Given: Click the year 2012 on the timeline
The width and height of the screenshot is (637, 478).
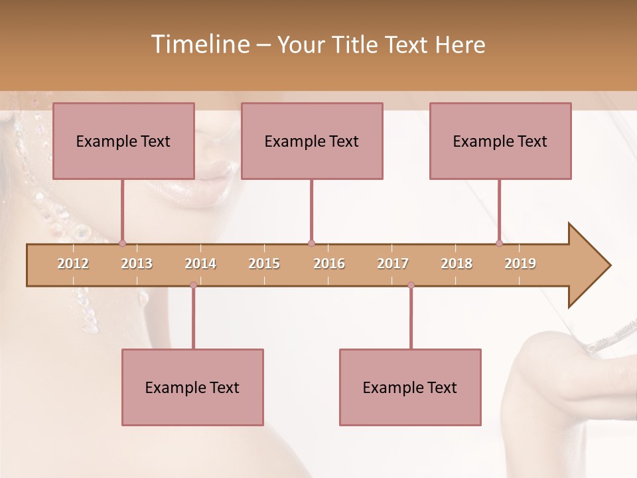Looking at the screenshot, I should click(73, 264).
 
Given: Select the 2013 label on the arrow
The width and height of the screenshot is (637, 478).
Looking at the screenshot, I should click(137, 264).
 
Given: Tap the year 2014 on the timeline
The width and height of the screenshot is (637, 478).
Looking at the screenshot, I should click(200, 264).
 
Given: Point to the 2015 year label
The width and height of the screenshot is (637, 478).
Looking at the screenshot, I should click(264, 264).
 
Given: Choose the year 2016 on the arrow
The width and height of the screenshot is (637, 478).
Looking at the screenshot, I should click(329, 264).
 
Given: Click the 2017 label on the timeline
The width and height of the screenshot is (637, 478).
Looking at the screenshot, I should click(393, 264).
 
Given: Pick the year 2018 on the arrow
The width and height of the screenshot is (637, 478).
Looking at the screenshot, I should click(457, 264).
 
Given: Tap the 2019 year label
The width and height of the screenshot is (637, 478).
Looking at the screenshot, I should click(520, 264).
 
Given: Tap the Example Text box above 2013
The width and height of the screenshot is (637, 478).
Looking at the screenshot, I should click(123, 141).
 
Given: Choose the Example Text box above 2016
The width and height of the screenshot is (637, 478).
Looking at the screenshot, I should click(312, 141).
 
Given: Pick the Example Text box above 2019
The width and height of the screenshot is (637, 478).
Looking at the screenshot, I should click(500, 141).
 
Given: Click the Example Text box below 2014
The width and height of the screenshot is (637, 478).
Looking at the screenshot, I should click(192, 387).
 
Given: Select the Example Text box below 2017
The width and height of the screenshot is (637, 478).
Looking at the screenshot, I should click(410, 387).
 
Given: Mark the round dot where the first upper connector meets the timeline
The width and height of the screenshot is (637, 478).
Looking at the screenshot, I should click(122, 243).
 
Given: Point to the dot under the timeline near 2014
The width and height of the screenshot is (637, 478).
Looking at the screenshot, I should click(193, 285).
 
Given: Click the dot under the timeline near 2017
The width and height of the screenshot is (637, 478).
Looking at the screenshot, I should click(411, 285).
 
